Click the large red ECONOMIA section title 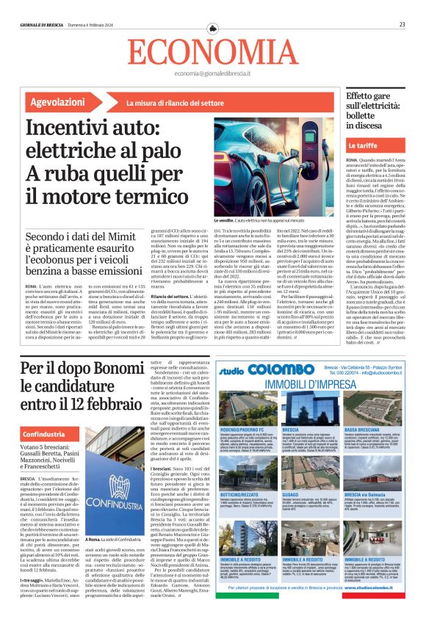[x=212, y=51]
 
